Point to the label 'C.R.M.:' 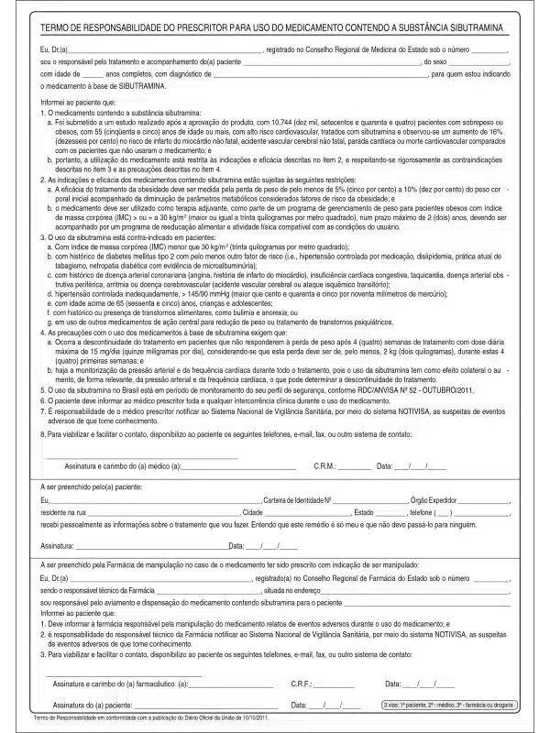pyautogui.click(x=326, y=467)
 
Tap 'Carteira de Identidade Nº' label pyautogui.click(x=297, y=500)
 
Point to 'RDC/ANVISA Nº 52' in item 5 pyautogui.click(x=379, y=388)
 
